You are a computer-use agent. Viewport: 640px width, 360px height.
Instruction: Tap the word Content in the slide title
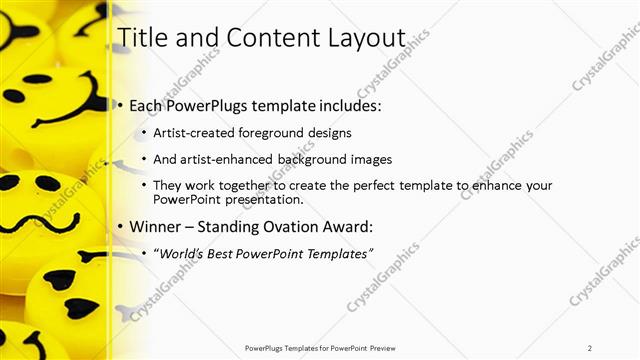pyautogui.click(x=269, y=37)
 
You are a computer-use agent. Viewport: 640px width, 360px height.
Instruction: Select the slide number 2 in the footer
pyautogui.click(x=590, y=347)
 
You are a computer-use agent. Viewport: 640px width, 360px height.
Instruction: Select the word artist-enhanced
pyautogui.click(x=222, y=159)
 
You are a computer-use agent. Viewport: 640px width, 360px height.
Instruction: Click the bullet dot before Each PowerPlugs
pyautogui.click(x=121, y=106)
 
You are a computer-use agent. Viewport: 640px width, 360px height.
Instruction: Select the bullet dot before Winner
pyautogui.click(x=121, y=228)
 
